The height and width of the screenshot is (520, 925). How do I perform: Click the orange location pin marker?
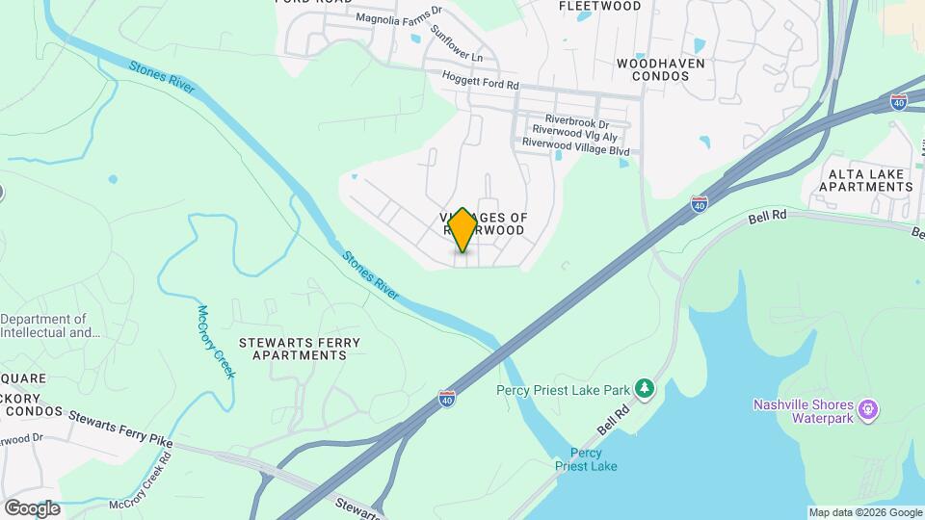[x=462, y=229]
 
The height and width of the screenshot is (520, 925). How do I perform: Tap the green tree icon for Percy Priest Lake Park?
[x=645, y=389]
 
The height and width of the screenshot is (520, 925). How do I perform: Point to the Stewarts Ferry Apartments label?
[x=299, y=349]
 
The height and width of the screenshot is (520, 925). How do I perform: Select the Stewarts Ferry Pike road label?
[x=109, y=429]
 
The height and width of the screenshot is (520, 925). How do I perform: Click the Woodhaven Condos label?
[x=661, y=70]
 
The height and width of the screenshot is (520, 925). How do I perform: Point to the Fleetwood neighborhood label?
[x=600, y=6]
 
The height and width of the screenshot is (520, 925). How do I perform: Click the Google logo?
[x=31, y=507]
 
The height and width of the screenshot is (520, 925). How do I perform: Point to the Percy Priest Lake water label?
[x=586, y=459]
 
